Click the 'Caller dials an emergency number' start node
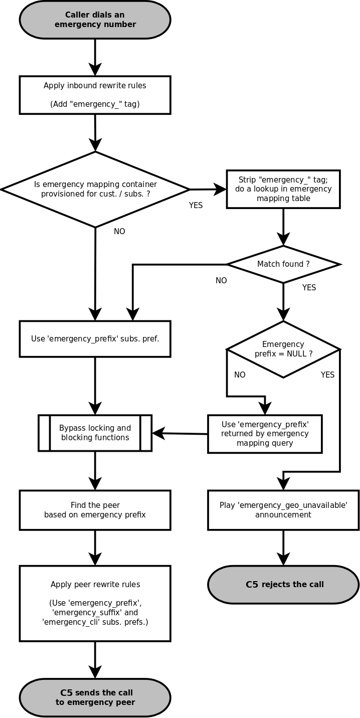click(x=95, y=20)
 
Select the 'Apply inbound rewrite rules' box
click(x=95, y=95)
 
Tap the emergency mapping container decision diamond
click(x=95, y=190)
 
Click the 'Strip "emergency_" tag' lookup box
click(x=283, y=189)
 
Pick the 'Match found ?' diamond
click(x=283, y=264)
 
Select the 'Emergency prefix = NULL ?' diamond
click(x=283, y=349)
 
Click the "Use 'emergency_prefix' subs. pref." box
click(x=95, y=339)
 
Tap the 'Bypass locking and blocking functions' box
click(x=95, y=433)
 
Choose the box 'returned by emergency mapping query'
click(x=265, y=434)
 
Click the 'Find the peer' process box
click(x=95, y=510)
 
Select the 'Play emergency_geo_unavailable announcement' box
click(x=283, y=510)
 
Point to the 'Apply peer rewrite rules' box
click(x=95, y=603)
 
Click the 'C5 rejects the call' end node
click(x=283, y=585)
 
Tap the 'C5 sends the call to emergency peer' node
click(x=95, y=697)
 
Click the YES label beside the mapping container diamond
click(x=196, y=206)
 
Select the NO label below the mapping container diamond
click(x=119, y=232)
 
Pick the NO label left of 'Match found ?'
click(x=221, y=281)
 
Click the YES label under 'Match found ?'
click(x=309, y=288)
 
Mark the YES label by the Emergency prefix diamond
click(x=327, y=375)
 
